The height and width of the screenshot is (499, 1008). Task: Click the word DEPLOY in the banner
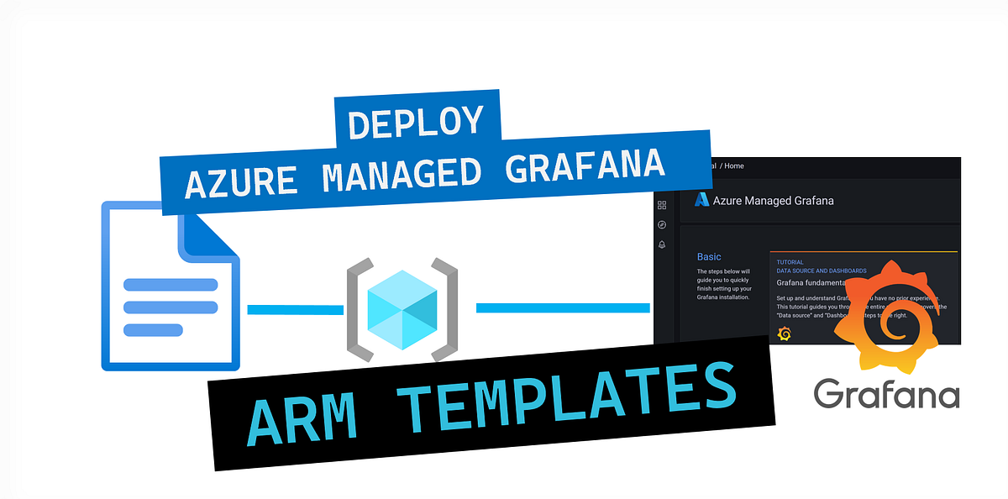pyautogui.click(x=416, y=123)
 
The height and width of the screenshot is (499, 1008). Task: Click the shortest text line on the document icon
pyautogui.click(x=152, y=330)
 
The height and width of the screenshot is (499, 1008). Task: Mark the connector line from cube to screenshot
pyautogui.click(x=563, y=308)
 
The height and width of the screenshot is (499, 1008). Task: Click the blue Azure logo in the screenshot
pyautogui.click(x=701, y=200)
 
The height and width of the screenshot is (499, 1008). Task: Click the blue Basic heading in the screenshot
pyautogui.click(x=709, y=256)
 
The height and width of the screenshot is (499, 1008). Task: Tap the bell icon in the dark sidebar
pyautogui.click(x=662, y=244)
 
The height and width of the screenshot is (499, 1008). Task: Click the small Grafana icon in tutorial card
pyautogui.click(x=785, y=334)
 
